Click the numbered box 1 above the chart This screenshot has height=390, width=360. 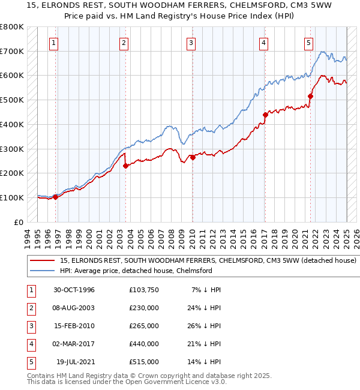(54, 43)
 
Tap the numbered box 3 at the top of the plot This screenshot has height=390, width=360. (190, 43)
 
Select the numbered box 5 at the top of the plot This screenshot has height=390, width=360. (308, 43)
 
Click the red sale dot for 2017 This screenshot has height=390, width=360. (265, 114)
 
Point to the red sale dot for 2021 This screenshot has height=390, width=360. (311, 96)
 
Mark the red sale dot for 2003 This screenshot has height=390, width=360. (125, 166)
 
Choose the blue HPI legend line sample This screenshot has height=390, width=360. (43, 271)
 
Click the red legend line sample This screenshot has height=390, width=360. (43, 261)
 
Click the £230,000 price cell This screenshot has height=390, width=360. (144, 308)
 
